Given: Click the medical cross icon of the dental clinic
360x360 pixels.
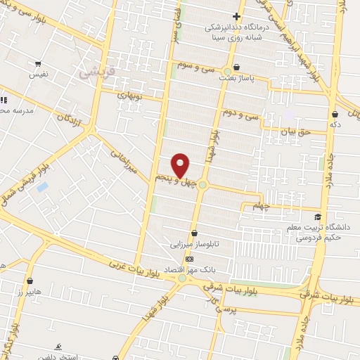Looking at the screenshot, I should click(236, 16).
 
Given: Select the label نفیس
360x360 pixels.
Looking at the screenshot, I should click(38, 73).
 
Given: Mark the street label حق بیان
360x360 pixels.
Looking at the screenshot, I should click(295, 131).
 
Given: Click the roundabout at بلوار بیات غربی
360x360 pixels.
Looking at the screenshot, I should click(184, 278).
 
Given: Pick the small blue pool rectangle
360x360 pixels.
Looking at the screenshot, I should click(42, 188).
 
